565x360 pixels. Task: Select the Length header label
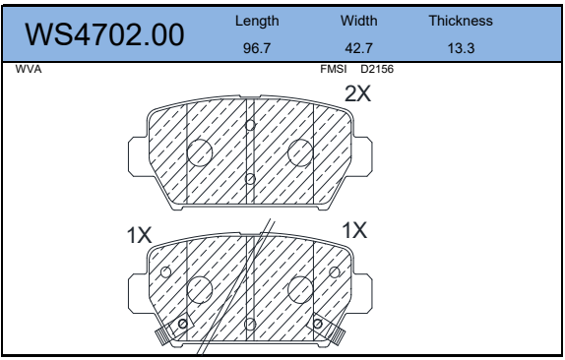[258, 20]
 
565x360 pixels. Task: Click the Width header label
[359, 20]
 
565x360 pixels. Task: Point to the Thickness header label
[461, 20]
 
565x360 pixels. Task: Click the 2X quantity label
[357, 95]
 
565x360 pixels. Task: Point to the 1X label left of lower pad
[139, 236]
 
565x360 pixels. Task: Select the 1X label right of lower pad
[353, 230]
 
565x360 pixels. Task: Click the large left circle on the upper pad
[200, 152]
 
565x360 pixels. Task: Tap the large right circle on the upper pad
[300, 152]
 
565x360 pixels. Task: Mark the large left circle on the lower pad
[200, 288]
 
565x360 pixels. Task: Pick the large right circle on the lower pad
[300, 288]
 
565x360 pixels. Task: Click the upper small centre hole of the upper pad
[250, 125]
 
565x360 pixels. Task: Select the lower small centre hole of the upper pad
[250, 178]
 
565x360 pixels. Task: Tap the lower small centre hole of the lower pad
[250, 324]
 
